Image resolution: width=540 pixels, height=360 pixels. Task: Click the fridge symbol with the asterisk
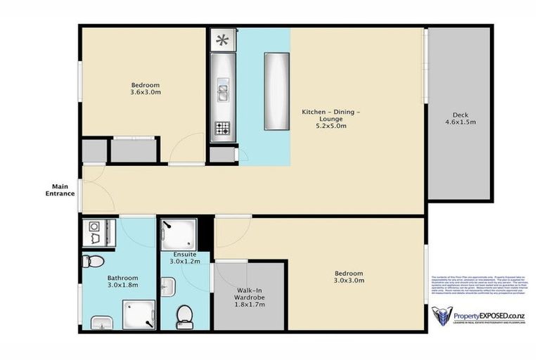[222, 40]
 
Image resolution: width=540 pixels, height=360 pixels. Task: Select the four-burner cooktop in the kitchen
[222, 128]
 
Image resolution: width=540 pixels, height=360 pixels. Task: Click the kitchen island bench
[276, 91]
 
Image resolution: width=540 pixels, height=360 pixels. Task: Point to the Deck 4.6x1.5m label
[461, 117]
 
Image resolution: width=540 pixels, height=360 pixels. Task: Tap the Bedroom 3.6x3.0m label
[146, 87]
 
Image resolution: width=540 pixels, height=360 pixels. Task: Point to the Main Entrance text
[60, 190]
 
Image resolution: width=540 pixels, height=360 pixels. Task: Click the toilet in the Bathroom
[93, 262]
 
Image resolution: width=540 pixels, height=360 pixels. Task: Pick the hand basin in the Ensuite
[167, 287]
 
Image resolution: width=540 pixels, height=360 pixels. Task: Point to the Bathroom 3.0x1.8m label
[122, 282]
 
